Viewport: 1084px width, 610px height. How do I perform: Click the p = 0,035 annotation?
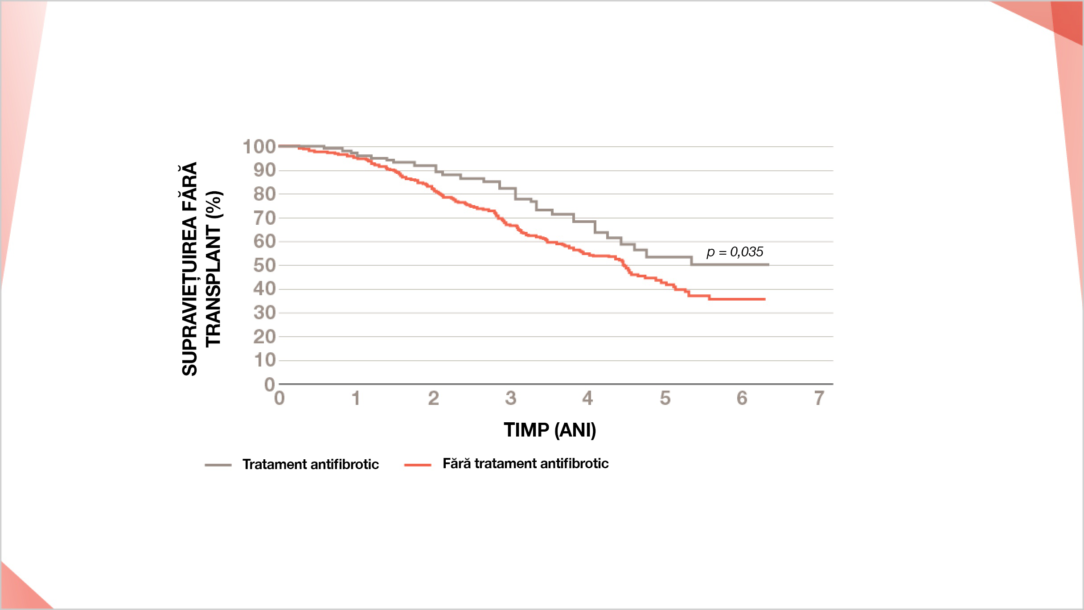(735, 252)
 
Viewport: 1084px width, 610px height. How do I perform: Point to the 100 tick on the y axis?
(259, 147)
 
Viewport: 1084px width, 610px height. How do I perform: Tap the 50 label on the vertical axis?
(265, 265)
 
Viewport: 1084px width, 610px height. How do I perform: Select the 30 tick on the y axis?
(265, 313)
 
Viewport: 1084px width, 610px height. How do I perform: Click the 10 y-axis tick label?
(265, 360)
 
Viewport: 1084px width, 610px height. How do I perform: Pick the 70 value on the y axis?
(265, 218)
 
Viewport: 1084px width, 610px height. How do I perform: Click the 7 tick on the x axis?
(819, 398)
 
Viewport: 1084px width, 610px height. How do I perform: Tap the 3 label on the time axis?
(510, 398)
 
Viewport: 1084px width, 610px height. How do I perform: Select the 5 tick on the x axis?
(665, 398)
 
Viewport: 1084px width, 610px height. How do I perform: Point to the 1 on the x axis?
(356, 398)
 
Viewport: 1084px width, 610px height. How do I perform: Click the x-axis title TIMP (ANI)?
(550, 430)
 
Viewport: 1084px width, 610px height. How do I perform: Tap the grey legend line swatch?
(218, 465)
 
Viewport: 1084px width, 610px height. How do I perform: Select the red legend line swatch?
(418, 465)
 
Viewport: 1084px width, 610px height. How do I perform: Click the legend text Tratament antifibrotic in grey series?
(311, 464)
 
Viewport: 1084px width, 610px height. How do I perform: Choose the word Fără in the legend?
(456, 463)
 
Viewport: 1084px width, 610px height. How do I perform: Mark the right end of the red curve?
(765, 299)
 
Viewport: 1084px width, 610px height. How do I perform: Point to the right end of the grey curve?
(768, 265)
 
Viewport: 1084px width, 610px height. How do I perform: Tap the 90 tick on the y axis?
(265, 170)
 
